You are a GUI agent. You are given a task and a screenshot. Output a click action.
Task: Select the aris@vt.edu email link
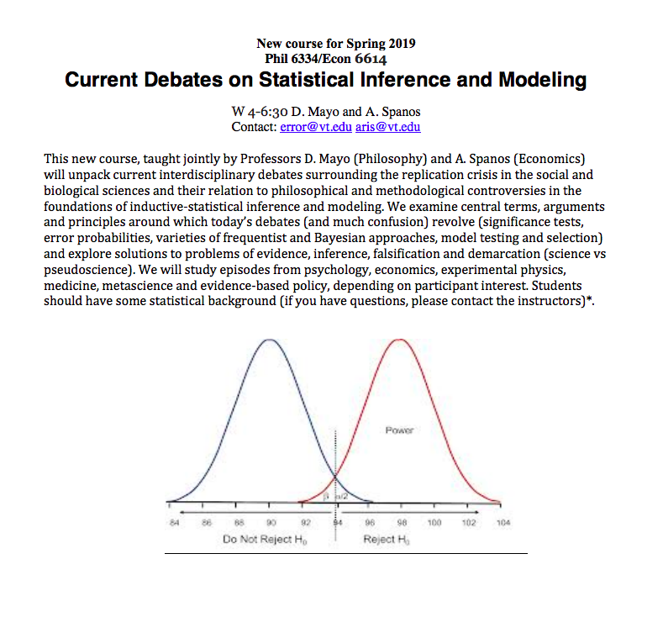point(387,127)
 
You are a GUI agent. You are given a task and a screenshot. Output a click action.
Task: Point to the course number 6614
point(371,58)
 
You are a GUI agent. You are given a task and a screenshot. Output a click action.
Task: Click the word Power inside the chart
point(399,430)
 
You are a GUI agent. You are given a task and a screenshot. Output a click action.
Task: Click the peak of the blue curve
point(269,340)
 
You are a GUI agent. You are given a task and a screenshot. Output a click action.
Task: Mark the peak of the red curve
point(402,340)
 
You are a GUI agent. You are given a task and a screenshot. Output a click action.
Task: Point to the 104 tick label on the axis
point(503,523)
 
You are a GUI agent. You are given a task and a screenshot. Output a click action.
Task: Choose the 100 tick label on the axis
point(434,523)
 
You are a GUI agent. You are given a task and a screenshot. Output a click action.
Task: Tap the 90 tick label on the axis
point(271,523)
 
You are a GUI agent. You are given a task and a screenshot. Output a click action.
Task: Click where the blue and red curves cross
point(336,479)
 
